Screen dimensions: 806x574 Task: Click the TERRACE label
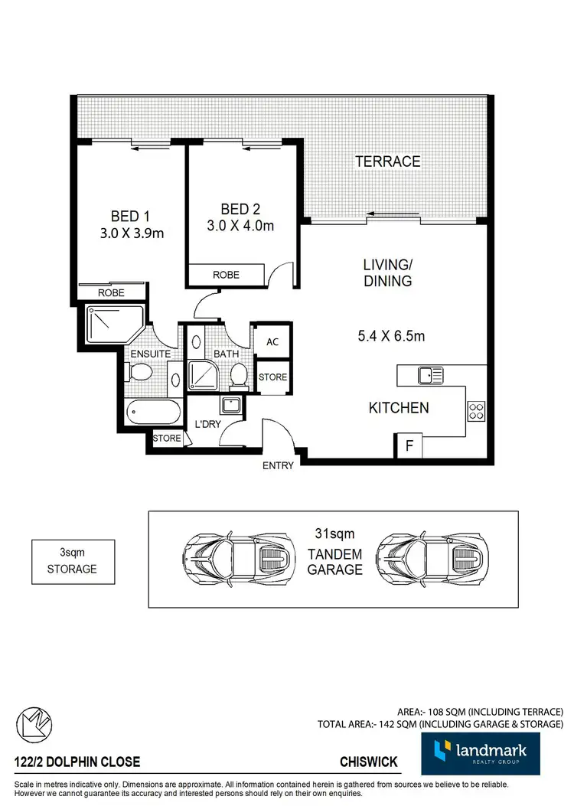(x=387, y=162)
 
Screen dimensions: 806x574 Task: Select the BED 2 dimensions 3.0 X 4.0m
(x=240, y=225)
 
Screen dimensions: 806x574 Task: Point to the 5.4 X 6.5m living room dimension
(x=392, y=335)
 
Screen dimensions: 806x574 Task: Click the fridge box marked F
(x=408, y=446)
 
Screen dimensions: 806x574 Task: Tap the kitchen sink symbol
(x=430, y=375)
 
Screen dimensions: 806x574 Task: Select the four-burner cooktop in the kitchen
(x=476, y=411)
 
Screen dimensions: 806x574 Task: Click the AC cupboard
(x=272, y=342)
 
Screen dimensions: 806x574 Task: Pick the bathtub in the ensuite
(x=154, y=414)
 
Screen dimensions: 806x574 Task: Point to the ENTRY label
(x=277, y=465)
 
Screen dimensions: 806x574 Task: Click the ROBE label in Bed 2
(x=226, y=274)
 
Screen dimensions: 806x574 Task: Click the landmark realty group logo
(x=480, y=753)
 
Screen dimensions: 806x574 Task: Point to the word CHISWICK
(x=370, y=762)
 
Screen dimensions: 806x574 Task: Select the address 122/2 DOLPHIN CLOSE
(x=77, y=762)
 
